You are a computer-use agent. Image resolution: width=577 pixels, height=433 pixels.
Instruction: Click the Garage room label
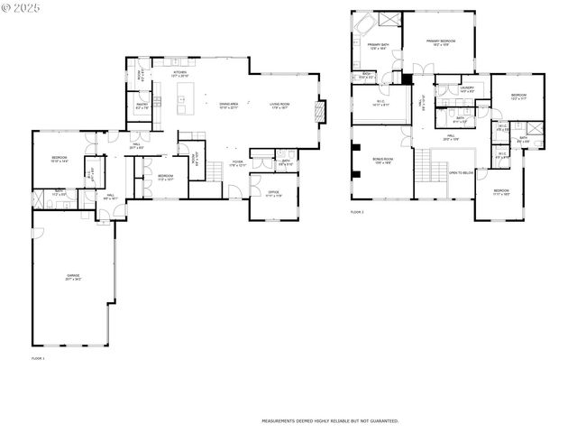[73, 277]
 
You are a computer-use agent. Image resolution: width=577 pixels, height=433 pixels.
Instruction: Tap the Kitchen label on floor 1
[180, 73]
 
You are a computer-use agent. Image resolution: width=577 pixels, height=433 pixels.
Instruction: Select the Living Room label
[279, 106]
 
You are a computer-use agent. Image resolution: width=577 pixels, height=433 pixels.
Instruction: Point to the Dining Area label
[229, 106]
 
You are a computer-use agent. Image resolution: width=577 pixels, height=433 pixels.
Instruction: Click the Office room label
[274, 194]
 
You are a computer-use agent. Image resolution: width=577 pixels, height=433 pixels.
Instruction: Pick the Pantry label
[142, 106]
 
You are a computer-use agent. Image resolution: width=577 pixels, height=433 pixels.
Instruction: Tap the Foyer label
[237, 163]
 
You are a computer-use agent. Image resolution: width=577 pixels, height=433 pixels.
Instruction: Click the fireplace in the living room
[316, 112]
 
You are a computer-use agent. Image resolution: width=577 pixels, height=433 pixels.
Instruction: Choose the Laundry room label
[467, 89]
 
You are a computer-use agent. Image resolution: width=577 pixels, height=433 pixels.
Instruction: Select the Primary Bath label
[378, 45]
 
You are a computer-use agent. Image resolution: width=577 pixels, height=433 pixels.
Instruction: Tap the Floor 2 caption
[357, 212]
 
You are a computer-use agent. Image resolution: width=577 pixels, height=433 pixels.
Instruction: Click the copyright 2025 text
[23, 7]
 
